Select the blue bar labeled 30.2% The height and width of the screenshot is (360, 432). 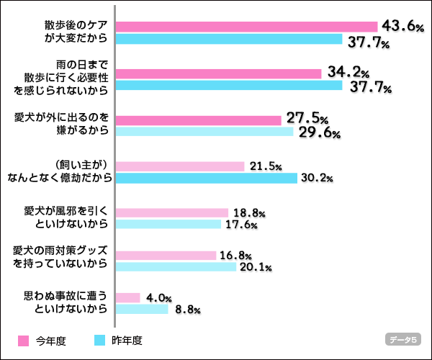206,178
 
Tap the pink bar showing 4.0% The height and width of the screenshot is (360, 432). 127,297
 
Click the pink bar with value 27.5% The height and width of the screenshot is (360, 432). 198,120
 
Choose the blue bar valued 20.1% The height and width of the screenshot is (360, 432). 176,267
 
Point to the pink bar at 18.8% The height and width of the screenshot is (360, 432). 171,212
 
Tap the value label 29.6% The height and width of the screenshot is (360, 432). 319,133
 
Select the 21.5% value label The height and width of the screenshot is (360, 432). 266,166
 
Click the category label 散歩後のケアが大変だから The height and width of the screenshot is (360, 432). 75,32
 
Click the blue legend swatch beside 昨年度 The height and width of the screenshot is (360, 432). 99,341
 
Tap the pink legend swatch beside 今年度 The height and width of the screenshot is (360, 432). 22,341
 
